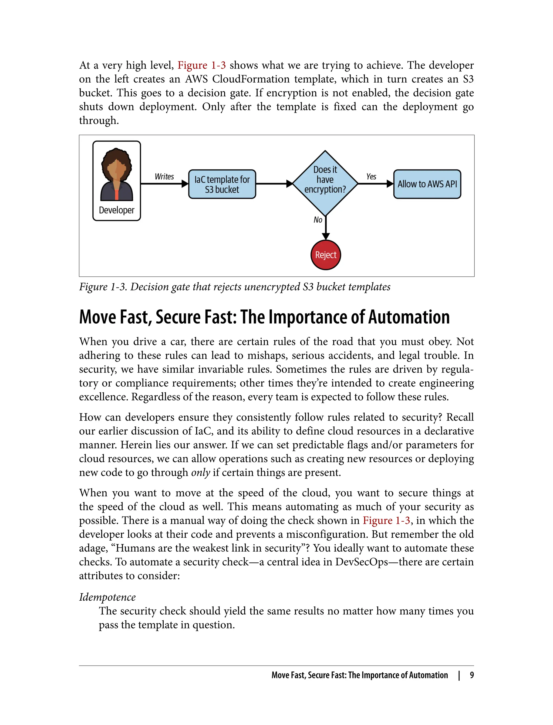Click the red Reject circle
[326, 255]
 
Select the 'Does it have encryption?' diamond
[325, 183]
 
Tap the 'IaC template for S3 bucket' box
[222, 184]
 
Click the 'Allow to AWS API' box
[427, 184]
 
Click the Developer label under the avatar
[117, 210]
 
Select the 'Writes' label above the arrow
[164, 177]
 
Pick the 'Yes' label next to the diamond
[371, 177]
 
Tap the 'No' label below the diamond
[318, 220]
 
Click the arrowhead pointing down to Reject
[326, 236]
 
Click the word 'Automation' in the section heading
[409, 317]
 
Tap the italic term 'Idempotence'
[107, 597]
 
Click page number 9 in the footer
[472, 675]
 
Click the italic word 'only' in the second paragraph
[200, 473]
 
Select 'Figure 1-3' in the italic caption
[103, 287]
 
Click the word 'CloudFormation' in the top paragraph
[251, 79]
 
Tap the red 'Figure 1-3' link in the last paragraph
[386, 521]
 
